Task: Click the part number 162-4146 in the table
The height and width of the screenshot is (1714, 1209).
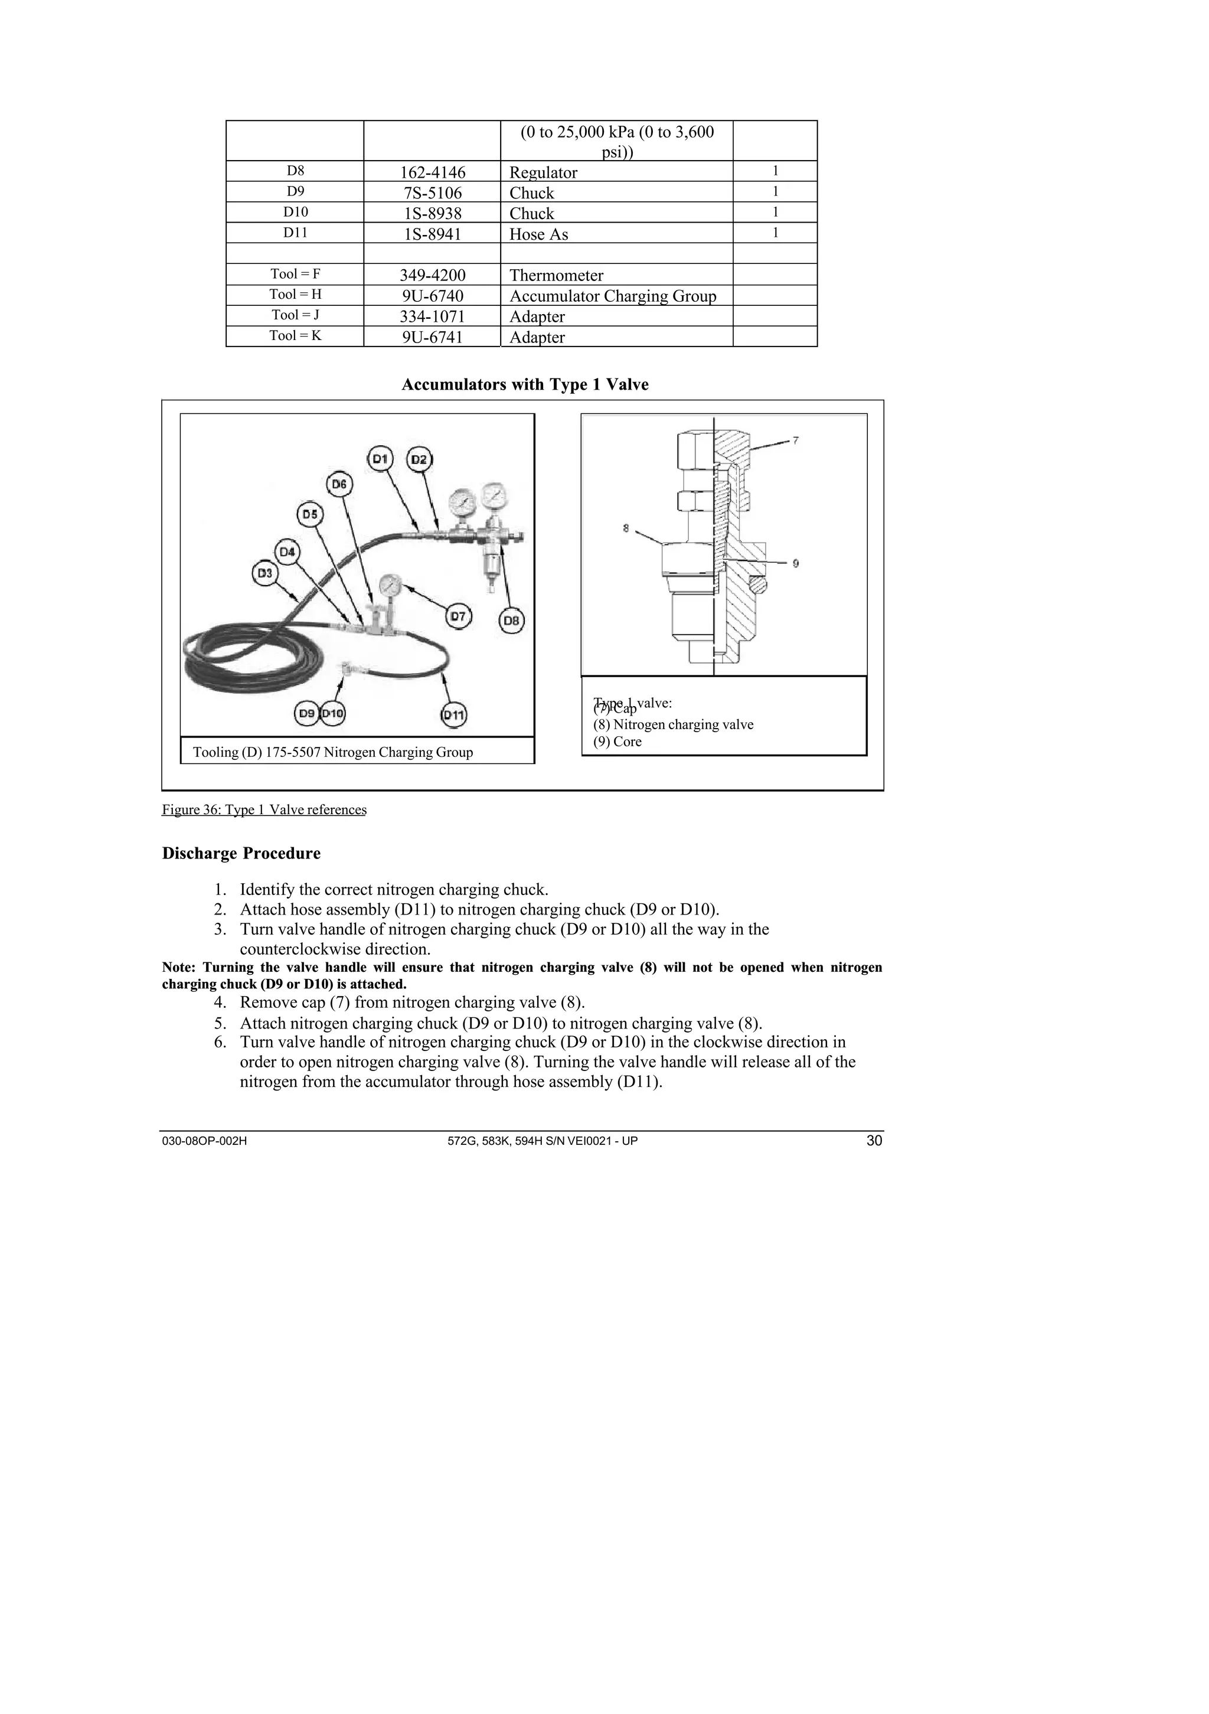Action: click(x=432, y=172)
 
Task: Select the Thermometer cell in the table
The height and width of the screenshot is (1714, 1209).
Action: click(x=556, y=276)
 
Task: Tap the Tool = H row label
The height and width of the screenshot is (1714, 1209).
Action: click(x=296, y=294)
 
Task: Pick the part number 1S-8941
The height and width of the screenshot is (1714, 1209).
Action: click(x=432, y=234)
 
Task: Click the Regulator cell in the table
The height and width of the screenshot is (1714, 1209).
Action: click(x=543, y=172)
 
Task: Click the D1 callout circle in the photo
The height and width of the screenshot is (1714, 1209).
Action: click(x=381, y=458)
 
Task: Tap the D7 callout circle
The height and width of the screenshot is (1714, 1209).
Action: click(x=458, y=616)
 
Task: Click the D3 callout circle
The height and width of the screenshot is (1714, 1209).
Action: click(x=264, y=573)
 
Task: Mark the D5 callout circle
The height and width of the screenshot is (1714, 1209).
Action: click(x=310, y=514)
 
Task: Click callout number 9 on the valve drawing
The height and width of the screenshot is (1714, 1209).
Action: click(x=796, y=564)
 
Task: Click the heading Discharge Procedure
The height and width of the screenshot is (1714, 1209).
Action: click(x=241, y=853)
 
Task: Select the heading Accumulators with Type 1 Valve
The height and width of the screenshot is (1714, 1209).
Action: click(x=525, y=384)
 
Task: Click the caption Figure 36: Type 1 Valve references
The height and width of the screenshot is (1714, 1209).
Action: click(x=264, y=810)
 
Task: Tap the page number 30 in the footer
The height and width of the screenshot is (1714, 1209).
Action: click(x=874, y=1141)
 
